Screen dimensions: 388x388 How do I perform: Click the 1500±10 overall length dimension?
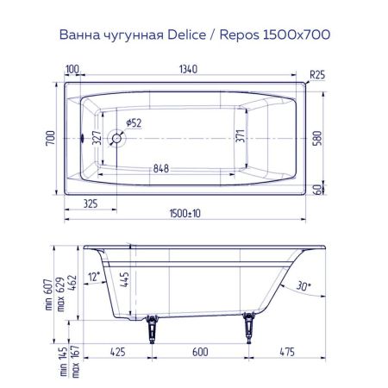click(x=187, y=213)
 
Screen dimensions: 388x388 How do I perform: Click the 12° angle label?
click(x=94, y=275)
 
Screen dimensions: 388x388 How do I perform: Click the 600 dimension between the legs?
click(x=199, y=352)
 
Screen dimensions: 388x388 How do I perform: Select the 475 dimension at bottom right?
click(x=289, y=352)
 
